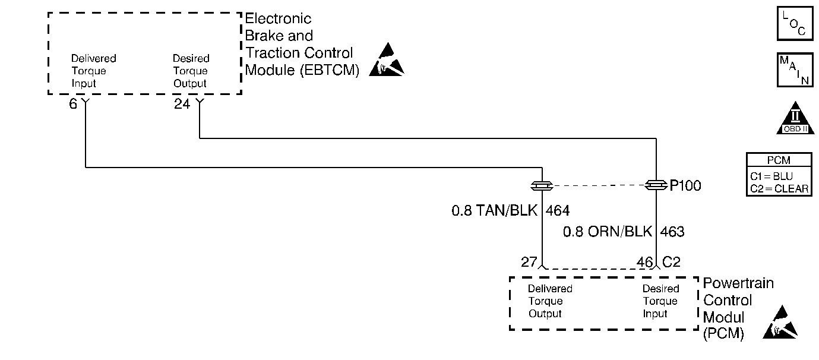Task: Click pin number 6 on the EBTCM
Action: click(72, 105)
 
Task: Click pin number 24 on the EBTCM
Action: click(182, 105)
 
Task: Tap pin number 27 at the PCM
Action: click(529, 262)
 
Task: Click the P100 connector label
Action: click(685, 186)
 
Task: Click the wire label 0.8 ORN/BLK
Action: click(607, 232)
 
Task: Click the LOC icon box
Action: click(795, 24)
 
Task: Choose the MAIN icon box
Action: click(795, 70)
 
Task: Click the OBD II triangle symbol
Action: click(794, 119)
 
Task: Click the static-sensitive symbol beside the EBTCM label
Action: click(387, 61)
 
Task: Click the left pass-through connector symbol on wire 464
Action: click(542, 186)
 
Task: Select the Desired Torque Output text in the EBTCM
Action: click(191, 71)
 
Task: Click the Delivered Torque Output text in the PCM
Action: click(550, 301)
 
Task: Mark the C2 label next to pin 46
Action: click(671, 262)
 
